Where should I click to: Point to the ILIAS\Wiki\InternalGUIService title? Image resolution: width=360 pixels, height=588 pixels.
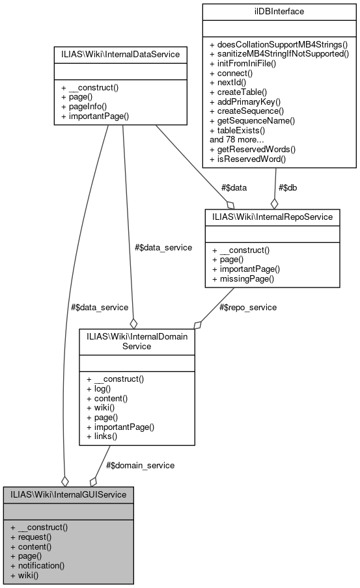tap(68, 494)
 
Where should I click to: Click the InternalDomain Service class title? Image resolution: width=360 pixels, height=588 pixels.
tap(137, 341)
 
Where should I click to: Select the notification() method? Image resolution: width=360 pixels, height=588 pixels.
tap(37, 566)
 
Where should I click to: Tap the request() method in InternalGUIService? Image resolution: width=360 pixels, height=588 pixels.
tap(31, 537)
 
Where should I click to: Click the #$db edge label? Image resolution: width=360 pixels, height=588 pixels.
tap(288, 187)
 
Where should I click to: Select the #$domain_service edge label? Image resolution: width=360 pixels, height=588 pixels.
tap(140, 465)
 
